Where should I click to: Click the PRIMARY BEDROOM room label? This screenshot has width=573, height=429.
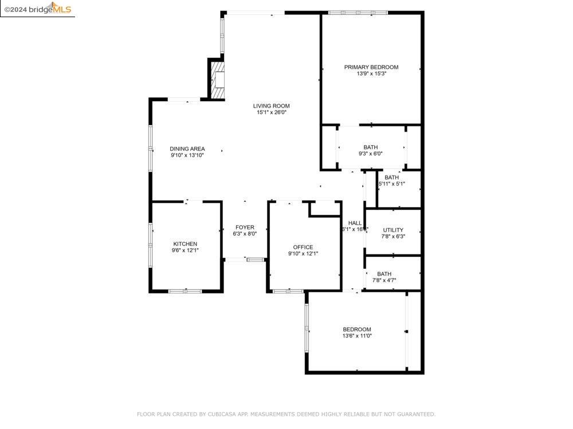coord(371,67)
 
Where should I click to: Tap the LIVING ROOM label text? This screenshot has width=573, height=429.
coord(271,106)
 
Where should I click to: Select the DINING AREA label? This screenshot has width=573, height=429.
coord(187,149)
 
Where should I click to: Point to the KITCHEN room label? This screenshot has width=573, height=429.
coord(185,244)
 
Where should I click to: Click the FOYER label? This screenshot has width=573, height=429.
coord(244,227)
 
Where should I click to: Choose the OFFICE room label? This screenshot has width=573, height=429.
coord(303,247)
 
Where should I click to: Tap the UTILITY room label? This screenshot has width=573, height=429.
coord(393,230)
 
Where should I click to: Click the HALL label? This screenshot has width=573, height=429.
coord(355,223)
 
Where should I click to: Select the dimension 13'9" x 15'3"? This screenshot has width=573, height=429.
coord(371,74)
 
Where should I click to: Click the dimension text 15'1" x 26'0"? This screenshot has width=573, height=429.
coord(271,113)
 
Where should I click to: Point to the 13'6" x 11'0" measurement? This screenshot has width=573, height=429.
coord(356,336)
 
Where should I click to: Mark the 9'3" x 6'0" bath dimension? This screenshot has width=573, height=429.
coord(370,153)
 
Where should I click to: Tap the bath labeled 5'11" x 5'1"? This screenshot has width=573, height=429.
coord(391,180)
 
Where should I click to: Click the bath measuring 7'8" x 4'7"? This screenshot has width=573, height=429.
coord(384,277)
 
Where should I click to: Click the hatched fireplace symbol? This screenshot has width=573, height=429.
coord(218,81)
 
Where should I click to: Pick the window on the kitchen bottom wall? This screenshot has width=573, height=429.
coord(185,291)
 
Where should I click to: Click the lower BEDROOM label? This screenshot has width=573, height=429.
coord(356,329)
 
